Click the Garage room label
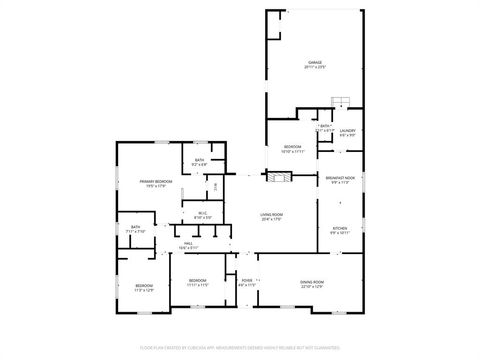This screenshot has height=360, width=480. [x=314, y=62]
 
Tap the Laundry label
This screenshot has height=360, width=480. [x=347, y=131]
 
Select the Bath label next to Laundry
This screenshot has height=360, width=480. [x=325, y=127]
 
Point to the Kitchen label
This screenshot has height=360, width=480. [x=339, y=229]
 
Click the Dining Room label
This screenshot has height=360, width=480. [x=312, y=283]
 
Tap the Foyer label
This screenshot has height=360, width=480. [x=247, y=281]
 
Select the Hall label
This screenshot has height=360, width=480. [x=188, y=244]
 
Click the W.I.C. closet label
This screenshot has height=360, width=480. [x=201, y=213]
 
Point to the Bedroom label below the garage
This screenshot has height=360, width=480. [x=292, y=147]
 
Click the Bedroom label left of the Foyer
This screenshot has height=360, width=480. [x=198, y=281]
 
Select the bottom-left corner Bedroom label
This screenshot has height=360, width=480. [x=144, y=288]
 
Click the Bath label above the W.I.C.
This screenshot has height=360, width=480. [x=199, y=161]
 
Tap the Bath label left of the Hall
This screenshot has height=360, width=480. [x=135, y=228]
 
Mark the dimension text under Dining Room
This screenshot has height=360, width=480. [x=312, y=287]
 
